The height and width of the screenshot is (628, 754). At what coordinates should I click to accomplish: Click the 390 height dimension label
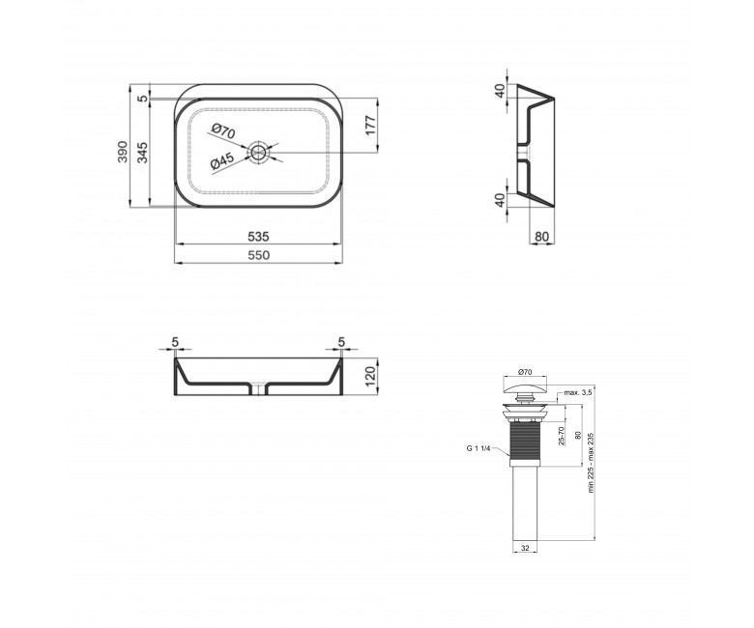click(x=123, y=152)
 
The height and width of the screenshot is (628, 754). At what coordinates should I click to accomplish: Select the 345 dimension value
click(x=143, y=152)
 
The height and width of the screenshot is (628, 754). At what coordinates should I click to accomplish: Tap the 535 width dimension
click(x=258, y=237)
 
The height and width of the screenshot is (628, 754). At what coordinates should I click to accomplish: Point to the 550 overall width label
click(x=259, y=256)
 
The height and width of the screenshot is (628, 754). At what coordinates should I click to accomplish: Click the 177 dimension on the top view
click(x=371, y=126)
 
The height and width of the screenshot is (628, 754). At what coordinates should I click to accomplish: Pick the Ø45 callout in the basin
click(x=222, y=161)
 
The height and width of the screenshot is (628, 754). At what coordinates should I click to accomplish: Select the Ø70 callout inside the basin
click(x=222, y=131)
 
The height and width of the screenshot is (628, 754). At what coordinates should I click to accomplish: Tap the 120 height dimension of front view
click(x=370, y=377)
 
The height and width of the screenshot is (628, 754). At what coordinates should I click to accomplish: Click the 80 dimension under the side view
click(x=541, y=237)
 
